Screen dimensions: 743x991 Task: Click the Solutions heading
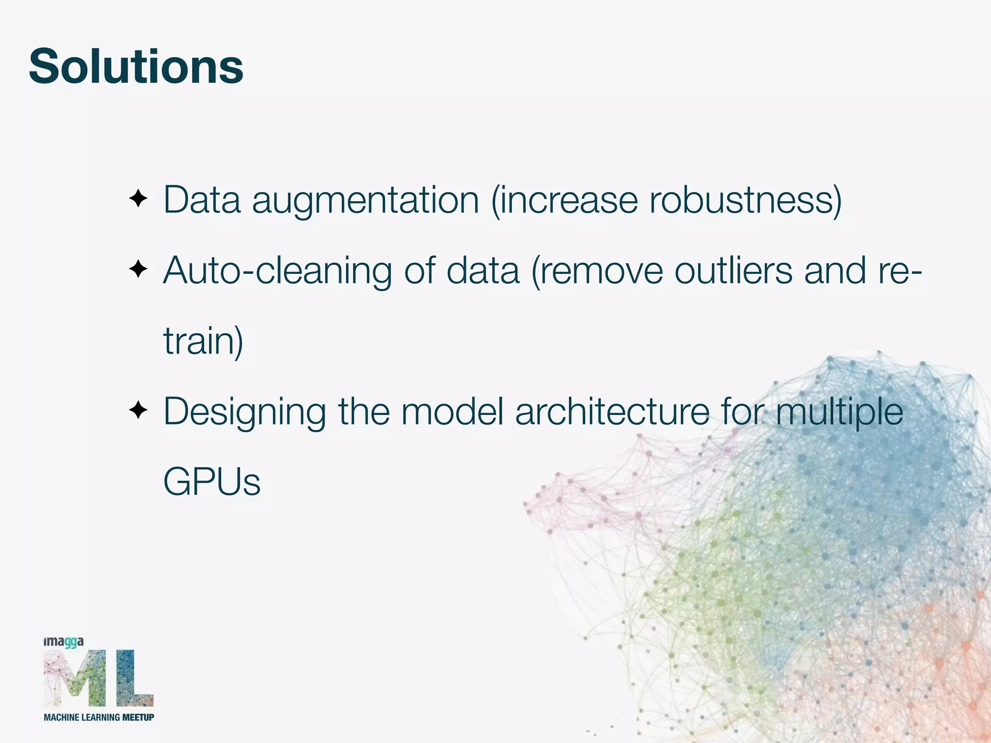pos(136,67)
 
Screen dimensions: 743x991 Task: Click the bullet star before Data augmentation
pos(138,199)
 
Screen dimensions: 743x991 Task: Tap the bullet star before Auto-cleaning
pos(138,269)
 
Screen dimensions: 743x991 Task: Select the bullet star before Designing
pos(138,411)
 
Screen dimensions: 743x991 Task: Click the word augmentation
pos(365,200)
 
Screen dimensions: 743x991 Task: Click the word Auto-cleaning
pos(277,271)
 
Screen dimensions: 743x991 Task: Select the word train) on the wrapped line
pos(203,341)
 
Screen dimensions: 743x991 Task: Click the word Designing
pos(245,413)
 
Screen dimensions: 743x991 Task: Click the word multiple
pos(840,413)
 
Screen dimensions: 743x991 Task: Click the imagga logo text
pos(63,642)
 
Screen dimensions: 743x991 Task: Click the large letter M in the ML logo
pos(75,678)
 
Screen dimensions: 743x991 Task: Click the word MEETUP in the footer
pos(138,717)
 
